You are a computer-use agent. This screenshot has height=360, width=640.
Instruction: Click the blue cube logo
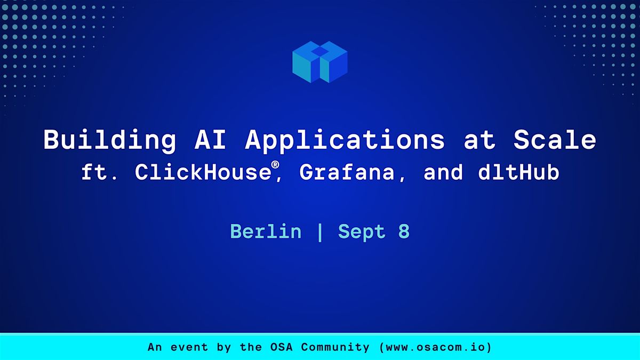319,62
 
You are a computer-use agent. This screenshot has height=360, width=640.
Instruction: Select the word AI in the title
210,140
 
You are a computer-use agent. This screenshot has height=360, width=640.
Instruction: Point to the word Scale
555,140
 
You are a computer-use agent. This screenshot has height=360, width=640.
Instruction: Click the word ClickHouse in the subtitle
203,172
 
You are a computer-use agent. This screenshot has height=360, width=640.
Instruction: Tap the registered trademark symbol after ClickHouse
275,165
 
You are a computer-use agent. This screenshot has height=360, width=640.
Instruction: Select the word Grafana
347,173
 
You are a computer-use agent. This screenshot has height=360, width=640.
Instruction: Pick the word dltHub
518,172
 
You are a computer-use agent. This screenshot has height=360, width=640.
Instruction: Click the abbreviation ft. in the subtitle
99,172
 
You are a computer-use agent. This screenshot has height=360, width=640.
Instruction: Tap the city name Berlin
266,231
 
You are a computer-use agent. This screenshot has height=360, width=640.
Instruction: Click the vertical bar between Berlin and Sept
320,232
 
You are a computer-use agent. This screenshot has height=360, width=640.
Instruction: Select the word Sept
362,232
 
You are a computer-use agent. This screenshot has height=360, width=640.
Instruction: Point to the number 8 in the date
404,231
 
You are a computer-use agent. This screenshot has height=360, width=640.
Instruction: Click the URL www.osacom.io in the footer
436,347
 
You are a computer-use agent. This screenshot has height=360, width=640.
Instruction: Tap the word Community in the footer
335,347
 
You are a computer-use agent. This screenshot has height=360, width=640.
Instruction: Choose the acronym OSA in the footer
282,347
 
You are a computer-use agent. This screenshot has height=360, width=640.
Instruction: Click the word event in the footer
189,347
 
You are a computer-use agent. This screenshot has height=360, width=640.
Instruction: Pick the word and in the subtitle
443,172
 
